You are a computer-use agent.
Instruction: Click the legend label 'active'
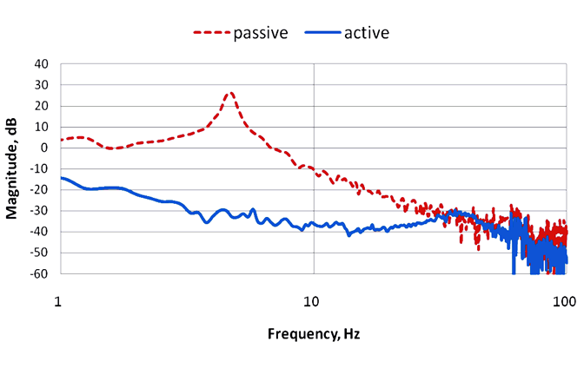pos(366,33)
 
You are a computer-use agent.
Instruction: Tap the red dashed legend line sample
pos(210,34)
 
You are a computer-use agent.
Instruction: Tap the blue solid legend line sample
pos(322,34)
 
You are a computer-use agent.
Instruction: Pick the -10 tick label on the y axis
pos(39,168)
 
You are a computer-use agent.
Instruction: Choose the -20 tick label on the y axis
pos(39,189)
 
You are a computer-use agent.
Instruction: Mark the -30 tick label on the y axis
pos(39,211)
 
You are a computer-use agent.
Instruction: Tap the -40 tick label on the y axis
pos(39,232)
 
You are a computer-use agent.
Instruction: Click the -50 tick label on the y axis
pos(39,253)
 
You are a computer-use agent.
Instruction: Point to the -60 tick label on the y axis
pos(39,273)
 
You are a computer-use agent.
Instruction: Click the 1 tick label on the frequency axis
pos(59,302)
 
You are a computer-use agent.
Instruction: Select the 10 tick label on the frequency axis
pos(312,302)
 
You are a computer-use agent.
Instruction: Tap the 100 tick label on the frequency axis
pos(565,302)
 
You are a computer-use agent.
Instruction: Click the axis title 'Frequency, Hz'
pos(313,333)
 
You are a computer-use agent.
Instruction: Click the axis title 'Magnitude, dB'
pos(15,168)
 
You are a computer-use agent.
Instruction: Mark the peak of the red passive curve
pos(230,93)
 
